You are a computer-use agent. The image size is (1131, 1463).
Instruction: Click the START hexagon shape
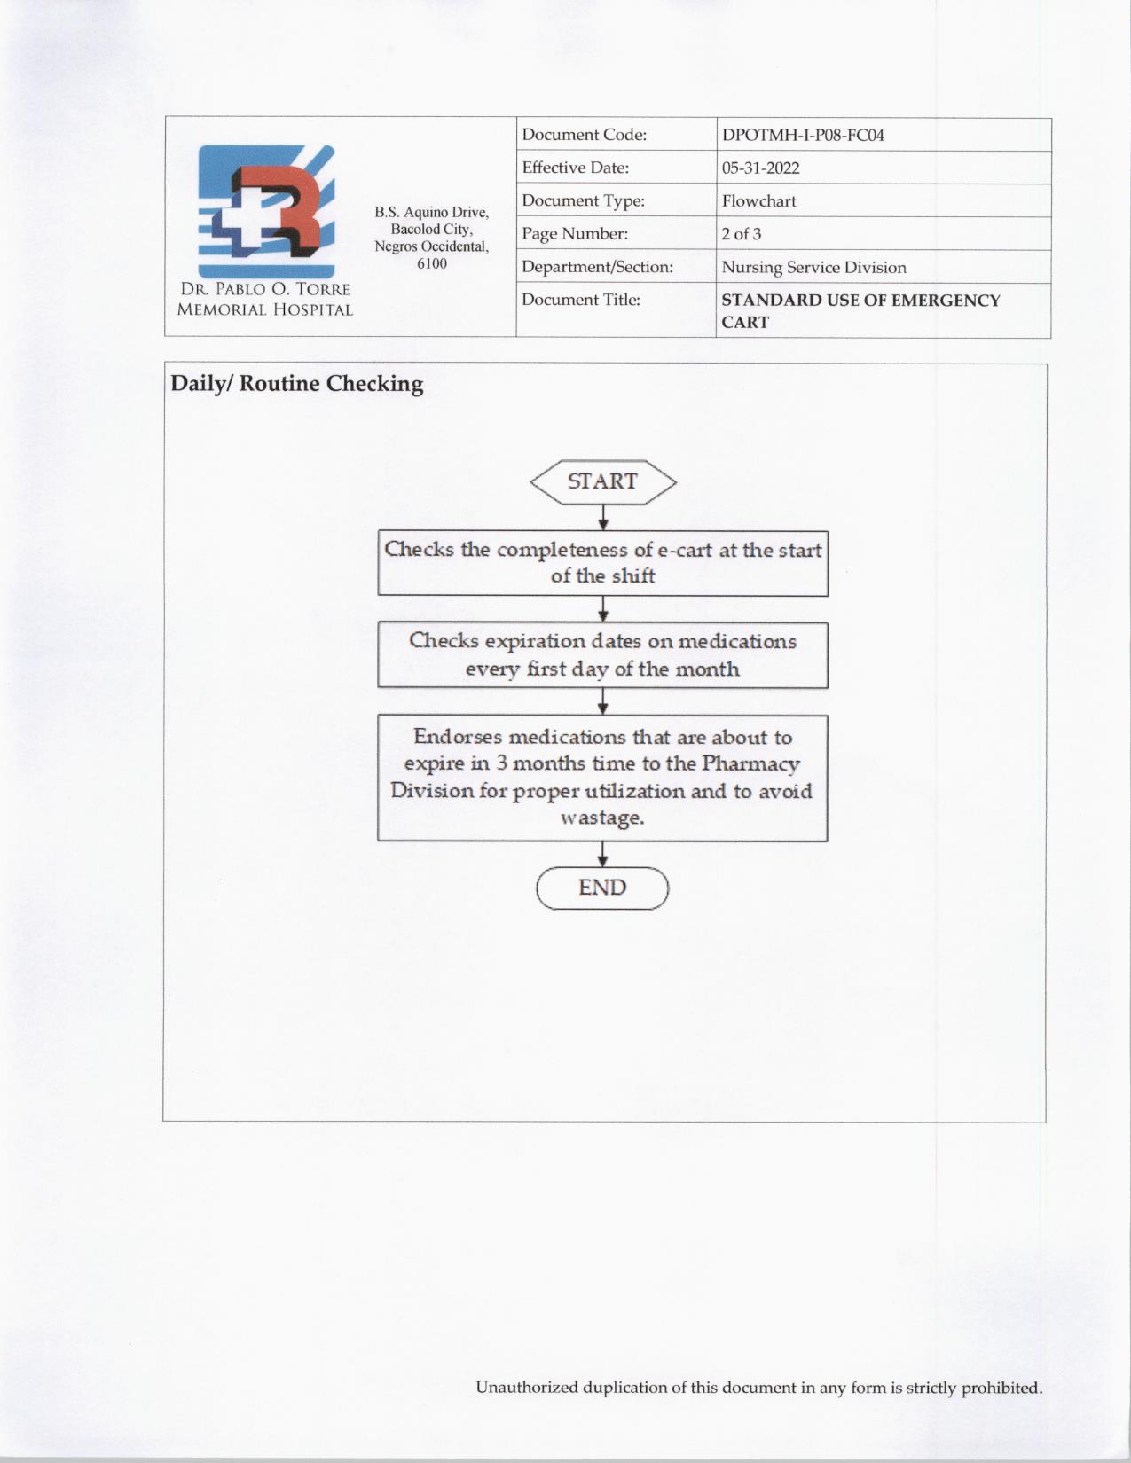coord(603,481)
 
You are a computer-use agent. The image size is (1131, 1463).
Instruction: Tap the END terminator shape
coord(602,888)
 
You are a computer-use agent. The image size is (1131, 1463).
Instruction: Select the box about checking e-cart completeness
coord(603,563)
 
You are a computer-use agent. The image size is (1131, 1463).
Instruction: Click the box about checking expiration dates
coord(603,655)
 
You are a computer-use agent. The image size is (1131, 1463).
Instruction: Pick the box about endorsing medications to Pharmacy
coord(603,778)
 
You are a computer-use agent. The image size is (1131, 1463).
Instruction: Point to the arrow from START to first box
coord(603,518)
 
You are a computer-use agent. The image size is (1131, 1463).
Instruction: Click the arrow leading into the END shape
coord(603,855)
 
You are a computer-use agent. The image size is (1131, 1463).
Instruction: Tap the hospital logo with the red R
coord(266,211)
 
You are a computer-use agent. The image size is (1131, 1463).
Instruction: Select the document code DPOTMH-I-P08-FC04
coord(803,136)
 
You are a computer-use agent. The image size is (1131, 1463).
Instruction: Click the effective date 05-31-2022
coord(760,168)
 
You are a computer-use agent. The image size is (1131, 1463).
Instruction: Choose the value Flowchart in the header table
coord(758,201)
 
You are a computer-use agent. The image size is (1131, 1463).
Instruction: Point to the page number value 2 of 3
coord(741,234)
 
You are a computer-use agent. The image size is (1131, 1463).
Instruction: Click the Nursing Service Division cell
coord(813,268)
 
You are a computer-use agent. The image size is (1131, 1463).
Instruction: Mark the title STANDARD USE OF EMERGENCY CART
coord(860,311)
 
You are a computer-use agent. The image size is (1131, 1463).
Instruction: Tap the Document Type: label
coord(583,201)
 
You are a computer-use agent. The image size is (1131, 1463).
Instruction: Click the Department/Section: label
coord(597,267)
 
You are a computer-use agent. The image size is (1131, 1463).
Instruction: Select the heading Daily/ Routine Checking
coord(297,384)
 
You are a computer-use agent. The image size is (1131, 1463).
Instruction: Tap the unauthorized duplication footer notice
coord(758,1388)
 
